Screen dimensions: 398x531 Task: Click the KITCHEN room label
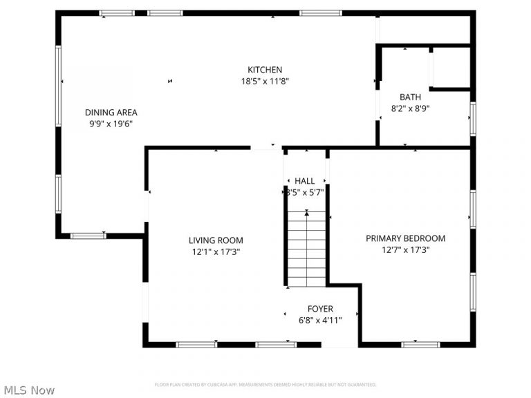[x=265, y=70]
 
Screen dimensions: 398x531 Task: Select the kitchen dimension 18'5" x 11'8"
[x=265, y=81]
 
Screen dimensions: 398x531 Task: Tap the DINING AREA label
[x=111, y=113]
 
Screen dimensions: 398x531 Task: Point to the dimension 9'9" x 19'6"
[x=111, y=124]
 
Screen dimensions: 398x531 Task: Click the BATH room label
[x=411, y=97]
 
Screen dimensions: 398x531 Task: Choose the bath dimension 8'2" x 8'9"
[x=411, y=108]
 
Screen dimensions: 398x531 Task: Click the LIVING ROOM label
[x=216, y=240]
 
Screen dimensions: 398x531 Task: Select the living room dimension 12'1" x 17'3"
[x=216, y=252]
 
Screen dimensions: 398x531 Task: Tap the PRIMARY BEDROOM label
[x=405, y=238]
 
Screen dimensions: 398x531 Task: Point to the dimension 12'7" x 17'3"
[x=405, y=249]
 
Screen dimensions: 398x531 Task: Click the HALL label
[x=305, y=181]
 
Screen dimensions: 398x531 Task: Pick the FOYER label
[x=320, y=309]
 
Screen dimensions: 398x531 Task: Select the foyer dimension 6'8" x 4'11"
[x=320, y=320]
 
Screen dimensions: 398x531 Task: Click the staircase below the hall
[x=306, y=252]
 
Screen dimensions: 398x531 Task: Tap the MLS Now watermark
[x=28, y=390]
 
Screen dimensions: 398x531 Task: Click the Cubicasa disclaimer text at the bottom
[x=265, y=385]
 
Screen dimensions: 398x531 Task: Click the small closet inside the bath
[x=450, y=68]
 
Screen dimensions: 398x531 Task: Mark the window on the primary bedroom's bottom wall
[x=420, y=344]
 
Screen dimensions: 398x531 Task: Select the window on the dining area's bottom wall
[x=88, y=236]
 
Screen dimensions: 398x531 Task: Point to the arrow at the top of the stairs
[x=306, y=214]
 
